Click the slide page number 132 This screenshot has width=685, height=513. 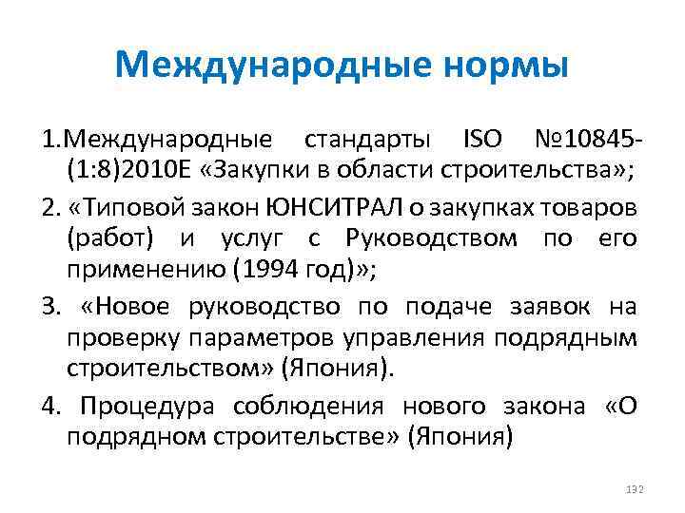[x=636, y=488]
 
